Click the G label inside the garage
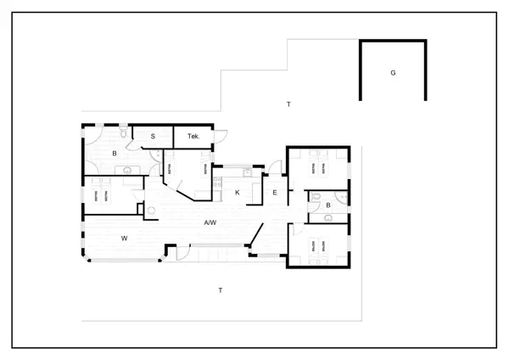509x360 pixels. pyautogui.click(x=393, y=74)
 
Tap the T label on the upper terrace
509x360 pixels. pyautogui.click(x=288, y=104)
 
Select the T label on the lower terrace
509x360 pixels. pyautogui.click(x=221, y=290)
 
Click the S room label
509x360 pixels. pyautogui.click(x=154, y=136)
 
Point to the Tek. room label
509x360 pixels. pyautogui.click(x=193, y=136)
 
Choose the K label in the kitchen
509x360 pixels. pyautogui.click(x=238, y=194)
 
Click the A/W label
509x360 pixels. pyautogui.click(x=210, y=223)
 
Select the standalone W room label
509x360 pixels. pyautogui.click(x=124, y=239)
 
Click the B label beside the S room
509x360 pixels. pyautogui.click(x=115, y=154)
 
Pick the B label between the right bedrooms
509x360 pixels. pyautogui.click(x=328, y=205)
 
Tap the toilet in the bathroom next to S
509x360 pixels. pyautogui.click(x=124, y=132)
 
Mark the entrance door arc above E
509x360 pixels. pyautogui.click(x=277, y=167)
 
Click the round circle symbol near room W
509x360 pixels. pyautogui.click(x=151, y=209)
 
